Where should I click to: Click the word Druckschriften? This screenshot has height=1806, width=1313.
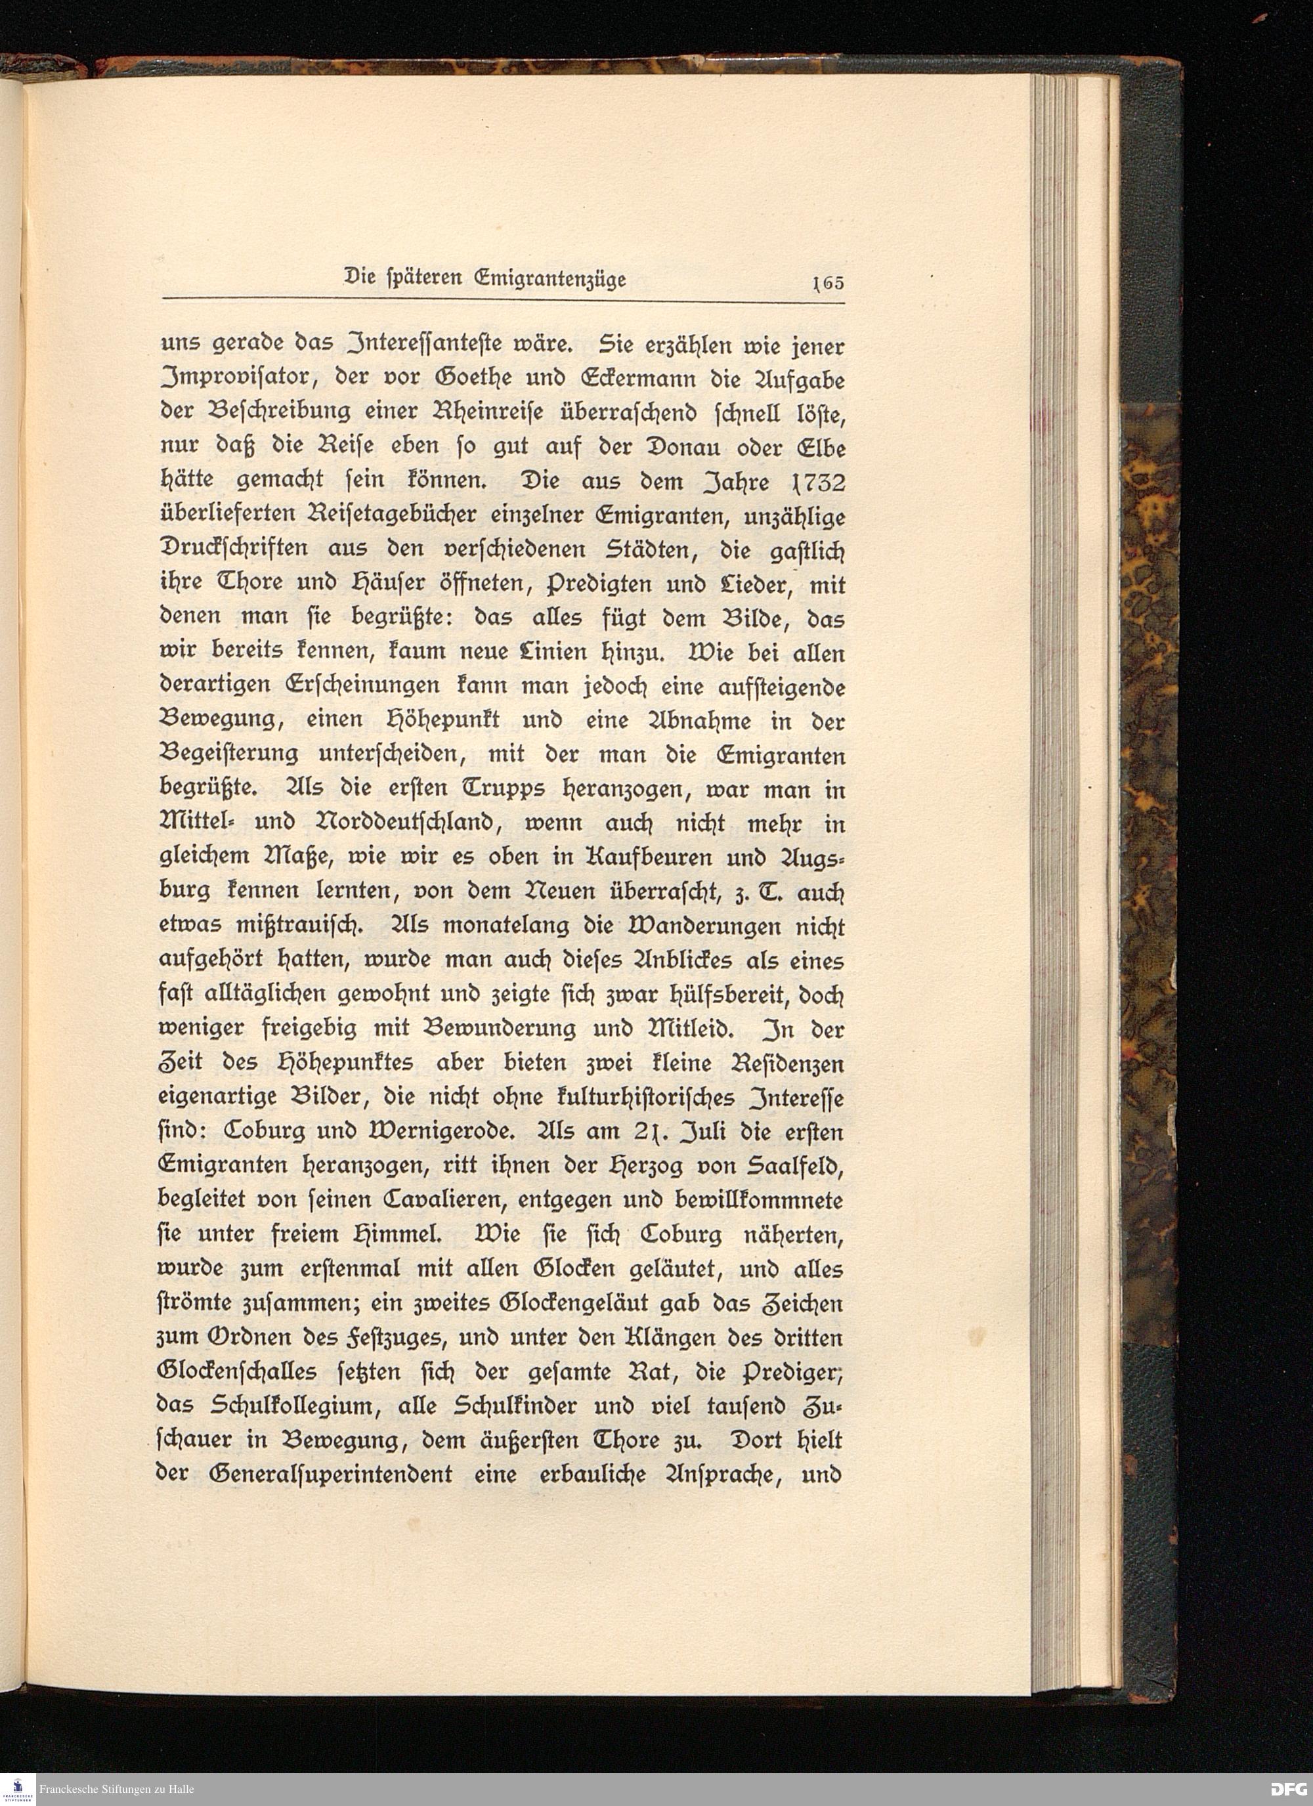coord(243,550)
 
